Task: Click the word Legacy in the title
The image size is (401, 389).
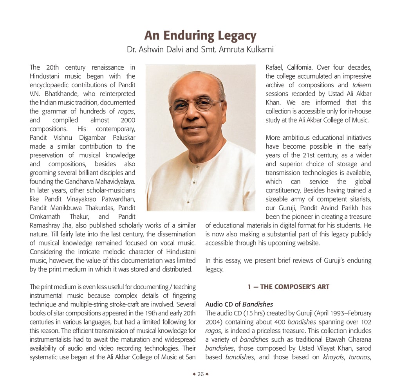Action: pyautogui.click(x=233, y=36)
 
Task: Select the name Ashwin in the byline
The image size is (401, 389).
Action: pyautogui.click(x=152, y=50)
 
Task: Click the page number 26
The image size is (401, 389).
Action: pyautogui.click(x=200, y=374)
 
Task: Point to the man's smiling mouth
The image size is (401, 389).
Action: pyautogui.click(x=195, y=128)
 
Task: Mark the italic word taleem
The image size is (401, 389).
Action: pyautogui.click(x=362, y=85)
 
